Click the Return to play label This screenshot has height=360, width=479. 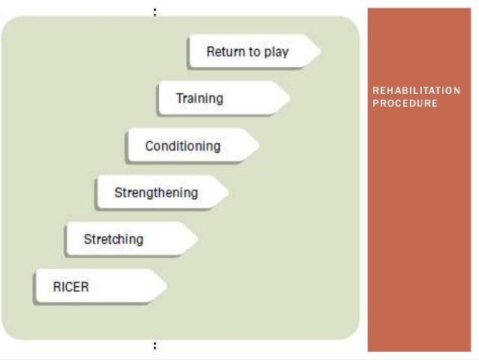tap(247, 52)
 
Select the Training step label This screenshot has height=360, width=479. tap(199, 98)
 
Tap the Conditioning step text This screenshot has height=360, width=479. tap(182, 146)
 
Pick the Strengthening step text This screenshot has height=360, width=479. tap(155, 192)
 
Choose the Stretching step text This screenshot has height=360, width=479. tap(113, 240)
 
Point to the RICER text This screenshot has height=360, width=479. tap(71, 287)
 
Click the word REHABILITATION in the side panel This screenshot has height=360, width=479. tap(416, 92)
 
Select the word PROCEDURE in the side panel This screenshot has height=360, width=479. tap(405, 103)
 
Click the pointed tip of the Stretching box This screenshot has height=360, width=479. tap(197, 240)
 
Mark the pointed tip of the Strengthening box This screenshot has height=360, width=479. tap(229, 193)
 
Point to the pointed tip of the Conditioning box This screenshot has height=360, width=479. tap(260, 146)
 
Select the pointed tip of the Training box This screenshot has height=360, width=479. tap(291, 98)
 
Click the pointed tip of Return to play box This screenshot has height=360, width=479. tap(321, 52)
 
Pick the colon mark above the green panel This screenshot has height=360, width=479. tap(155, 11)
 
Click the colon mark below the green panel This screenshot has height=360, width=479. tap(155, 346)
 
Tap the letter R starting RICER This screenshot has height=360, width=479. tap(56, 287)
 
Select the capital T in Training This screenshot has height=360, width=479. tap(179, 98)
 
